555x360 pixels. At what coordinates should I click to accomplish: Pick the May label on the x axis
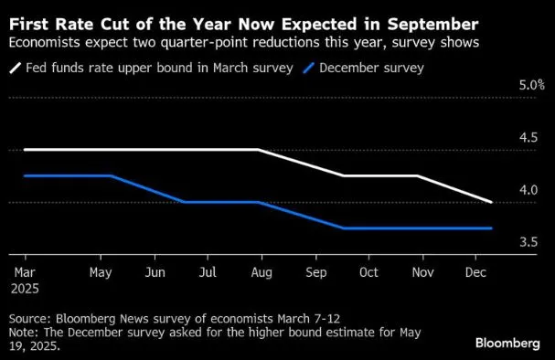pos(101,272)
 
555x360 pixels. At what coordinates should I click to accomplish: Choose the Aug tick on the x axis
pos(261,272)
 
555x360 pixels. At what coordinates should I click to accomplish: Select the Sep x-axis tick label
pos(315,272)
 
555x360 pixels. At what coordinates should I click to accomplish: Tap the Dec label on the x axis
pos(475,272)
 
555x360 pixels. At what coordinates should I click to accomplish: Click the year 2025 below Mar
pos(26,287)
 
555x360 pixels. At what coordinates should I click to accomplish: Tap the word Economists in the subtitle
pos(46,42)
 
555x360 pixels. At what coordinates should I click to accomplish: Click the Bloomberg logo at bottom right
pos(507,343)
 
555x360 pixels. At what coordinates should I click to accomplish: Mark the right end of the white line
pos(492,202)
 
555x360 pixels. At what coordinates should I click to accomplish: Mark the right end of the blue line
pos(492,228)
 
